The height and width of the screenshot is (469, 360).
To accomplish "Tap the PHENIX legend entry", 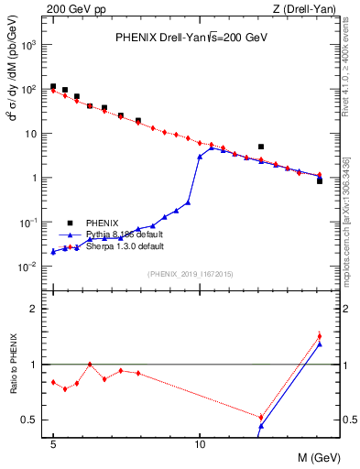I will [102, 223].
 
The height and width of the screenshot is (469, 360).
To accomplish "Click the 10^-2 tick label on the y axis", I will [28, 267].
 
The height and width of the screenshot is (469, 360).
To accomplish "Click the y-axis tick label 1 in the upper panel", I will [36, 178].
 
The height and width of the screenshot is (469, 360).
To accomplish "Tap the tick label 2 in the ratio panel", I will [36, 309].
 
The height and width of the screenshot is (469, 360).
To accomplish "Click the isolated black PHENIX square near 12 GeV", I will [261, 147].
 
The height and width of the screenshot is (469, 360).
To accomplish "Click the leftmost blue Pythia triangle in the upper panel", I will [53, 251].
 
